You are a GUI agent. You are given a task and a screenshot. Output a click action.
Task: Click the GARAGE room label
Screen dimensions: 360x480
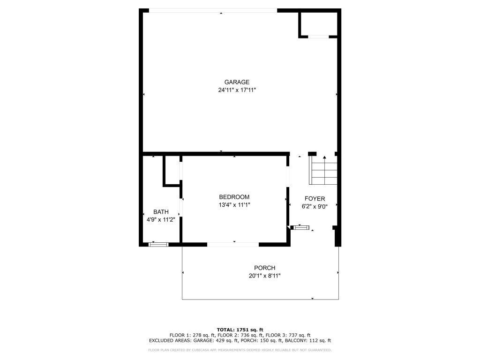point(240,82)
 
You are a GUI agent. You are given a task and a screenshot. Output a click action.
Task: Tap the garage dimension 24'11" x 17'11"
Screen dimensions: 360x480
point(240,90)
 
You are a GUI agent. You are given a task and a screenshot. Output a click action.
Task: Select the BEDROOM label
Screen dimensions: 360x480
point(234,197)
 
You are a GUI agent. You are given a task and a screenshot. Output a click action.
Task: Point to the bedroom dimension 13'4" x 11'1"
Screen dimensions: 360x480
point(234,205)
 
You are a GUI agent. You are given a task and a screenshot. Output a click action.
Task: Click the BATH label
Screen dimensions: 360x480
point(161,212)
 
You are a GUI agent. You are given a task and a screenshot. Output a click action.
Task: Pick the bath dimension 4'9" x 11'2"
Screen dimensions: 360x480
point(161,220)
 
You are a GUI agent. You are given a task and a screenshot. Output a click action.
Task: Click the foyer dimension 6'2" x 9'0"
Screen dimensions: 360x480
point(315,207)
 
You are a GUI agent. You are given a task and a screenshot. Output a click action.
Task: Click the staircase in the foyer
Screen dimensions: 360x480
point(323,171)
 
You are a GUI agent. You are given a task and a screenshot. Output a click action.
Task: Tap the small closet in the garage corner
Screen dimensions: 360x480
point(318,23)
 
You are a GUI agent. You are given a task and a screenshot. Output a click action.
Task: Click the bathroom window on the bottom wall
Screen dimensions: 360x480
point(158,244)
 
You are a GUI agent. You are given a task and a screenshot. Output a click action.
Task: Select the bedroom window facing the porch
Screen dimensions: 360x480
point(233,244)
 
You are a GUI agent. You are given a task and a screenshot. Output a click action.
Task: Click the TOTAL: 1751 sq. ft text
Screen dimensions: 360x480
point(240,330)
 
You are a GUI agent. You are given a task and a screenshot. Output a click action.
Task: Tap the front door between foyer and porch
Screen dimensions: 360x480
point(301,228)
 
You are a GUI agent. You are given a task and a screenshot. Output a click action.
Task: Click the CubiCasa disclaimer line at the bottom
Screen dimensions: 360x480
point(240,350)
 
